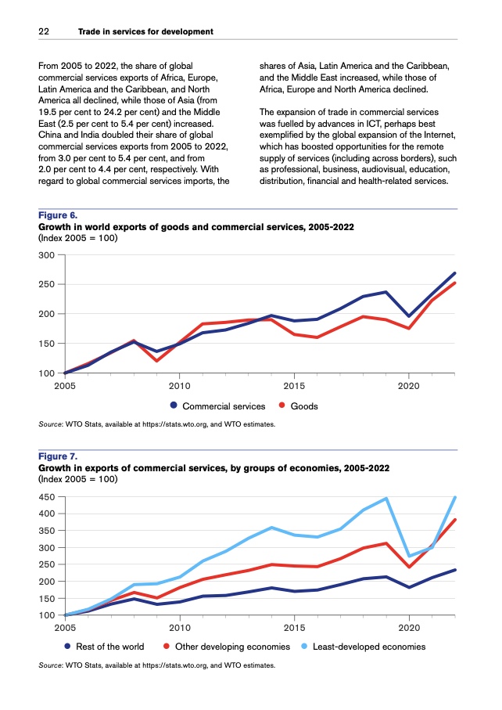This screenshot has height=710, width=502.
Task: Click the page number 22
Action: pyautogui.click(x=44, y=31)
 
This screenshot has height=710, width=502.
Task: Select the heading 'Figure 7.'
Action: pyautogui.click(x=58, y=456)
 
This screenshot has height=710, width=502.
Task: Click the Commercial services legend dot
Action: pyautogui.click(x=173, y=406)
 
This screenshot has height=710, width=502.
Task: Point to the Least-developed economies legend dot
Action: pyautogui.click(x=306, y=647)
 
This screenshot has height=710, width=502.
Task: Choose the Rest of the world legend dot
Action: pyautogui.click(x=68, y=647)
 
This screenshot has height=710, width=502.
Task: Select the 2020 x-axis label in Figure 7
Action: pyautogui.click(x=408, y=627)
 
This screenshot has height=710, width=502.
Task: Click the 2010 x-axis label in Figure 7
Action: pyautogui.click(x=180, y=627)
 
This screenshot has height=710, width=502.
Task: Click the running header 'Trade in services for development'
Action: pyautogui.click(x=145, y=31)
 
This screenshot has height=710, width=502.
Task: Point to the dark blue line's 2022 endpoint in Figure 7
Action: pyautogui.click(x=455, y=570)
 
